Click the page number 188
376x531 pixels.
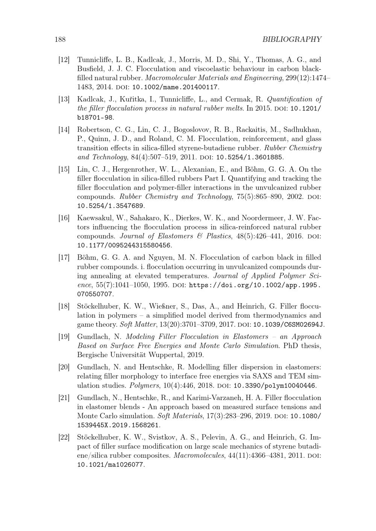click(x=60, y=39)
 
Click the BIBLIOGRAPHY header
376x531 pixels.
click(x=292, y=39)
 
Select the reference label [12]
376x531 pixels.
click(x=64, y=60)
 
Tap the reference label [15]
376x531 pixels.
click(x=64, y=169)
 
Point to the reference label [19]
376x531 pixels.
click(x=64, y=336)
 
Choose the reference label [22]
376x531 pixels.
click(x=64, y=437)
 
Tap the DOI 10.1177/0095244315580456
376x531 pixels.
click(x=124, y=246)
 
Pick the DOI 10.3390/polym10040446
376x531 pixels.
click(x=275, y=386)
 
